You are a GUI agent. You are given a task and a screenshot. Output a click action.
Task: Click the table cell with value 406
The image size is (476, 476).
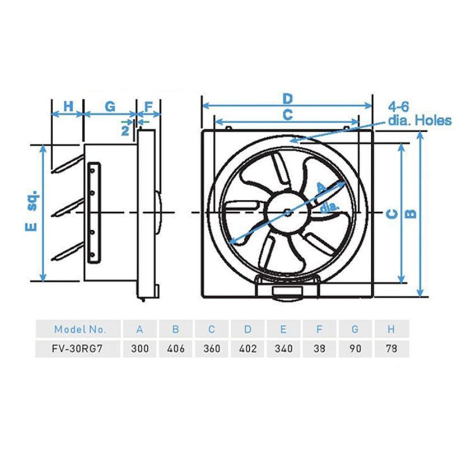click(176, 348)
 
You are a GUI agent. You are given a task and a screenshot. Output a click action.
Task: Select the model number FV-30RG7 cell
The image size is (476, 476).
click(78, 348)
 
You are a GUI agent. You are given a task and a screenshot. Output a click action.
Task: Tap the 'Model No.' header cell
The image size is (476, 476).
click(78, 329)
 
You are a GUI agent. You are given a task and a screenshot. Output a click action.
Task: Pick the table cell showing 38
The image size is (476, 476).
click(320, 348)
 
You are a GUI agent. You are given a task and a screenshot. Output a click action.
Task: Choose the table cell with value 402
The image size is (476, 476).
click(248, 348)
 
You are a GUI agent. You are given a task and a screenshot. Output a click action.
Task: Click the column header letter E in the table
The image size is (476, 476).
click(284, 329)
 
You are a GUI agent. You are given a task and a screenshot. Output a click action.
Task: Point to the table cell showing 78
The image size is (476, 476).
click(391, 348)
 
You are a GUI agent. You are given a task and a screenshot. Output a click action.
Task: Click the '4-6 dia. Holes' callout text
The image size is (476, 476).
click(419, 114)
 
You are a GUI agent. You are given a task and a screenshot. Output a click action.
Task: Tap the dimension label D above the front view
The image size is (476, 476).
click(287, 99)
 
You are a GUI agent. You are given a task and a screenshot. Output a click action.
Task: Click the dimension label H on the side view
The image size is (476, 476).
click(68, 106)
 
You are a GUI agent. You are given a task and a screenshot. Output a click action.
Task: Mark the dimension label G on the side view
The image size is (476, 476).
click(110, 106)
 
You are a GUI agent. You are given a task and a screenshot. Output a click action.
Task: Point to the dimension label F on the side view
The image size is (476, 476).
click(149, 106)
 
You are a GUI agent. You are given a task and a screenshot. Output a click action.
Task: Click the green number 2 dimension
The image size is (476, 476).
click(126, 130)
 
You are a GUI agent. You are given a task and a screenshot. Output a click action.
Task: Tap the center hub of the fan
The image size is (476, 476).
click(287, 212)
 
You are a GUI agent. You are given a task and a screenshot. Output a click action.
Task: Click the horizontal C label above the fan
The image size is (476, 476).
click(287, 115)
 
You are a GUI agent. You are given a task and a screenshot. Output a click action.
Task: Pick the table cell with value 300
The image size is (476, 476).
click(140, 348)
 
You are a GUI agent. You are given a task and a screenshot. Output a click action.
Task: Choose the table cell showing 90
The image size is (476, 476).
click(356, 348)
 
